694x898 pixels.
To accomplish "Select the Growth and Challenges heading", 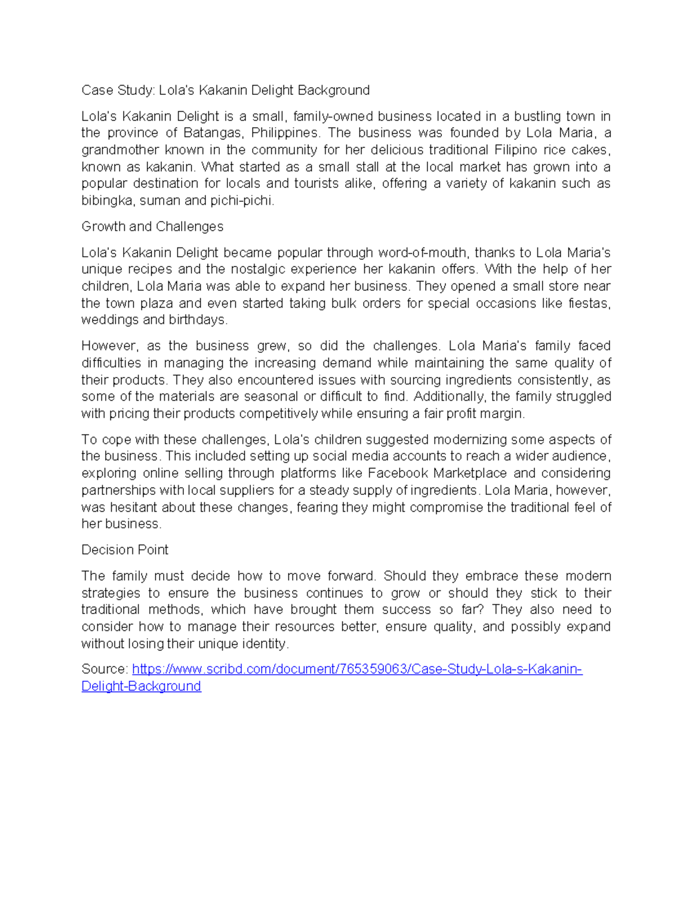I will [152, 227].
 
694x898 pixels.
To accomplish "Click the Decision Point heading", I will [125, 550].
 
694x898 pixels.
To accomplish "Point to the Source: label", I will [105, 670].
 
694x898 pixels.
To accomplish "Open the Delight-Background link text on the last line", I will [141, 686].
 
